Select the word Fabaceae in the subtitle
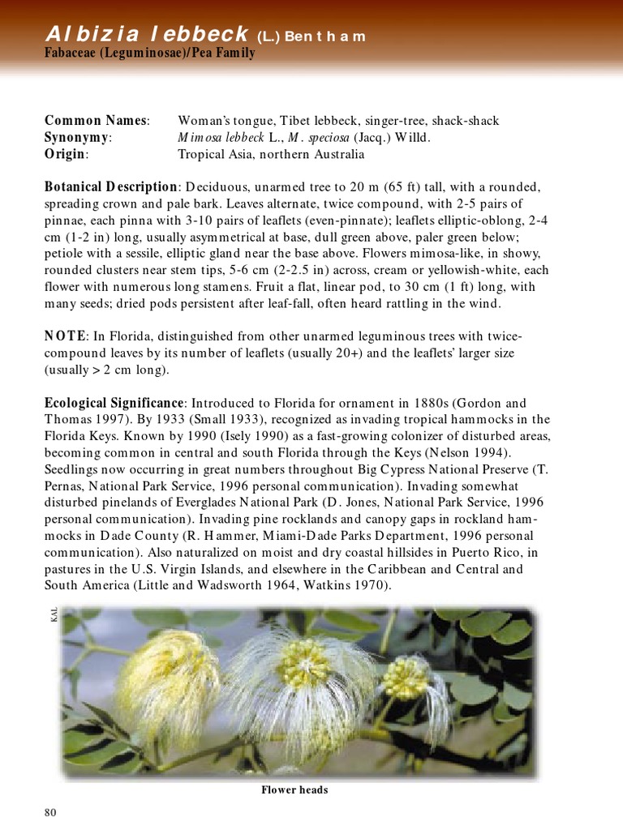[x=74, y=53]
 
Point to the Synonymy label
[x=77, y=138]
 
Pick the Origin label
[x=66, y=154]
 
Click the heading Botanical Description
[x=110, y=186]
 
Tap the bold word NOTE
[x=64, y=336]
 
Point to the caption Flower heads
[x=294, y=789]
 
